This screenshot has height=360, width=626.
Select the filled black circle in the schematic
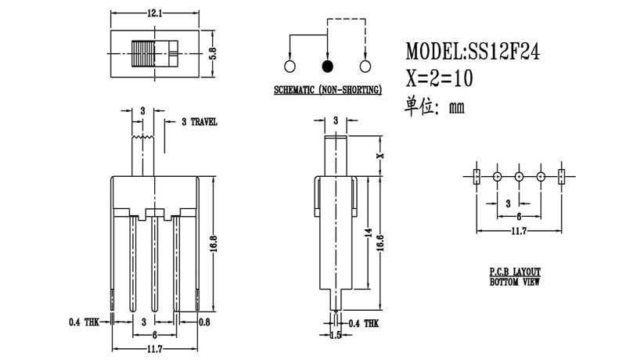tap(327, 66)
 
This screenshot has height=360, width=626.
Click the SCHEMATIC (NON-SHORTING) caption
tap(327, 90)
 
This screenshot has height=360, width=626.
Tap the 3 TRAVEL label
tap(199, 122)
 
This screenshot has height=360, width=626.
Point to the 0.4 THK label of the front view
tap(85, 321)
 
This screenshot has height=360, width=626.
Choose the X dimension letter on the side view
tap(381, 156)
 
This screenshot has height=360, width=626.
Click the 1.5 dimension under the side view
tap(336, 335)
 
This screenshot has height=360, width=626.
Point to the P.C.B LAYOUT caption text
tap(514, 270)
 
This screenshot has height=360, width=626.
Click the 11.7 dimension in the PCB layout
tap(517, 230)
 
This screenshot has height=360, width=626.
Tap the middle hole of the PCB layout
tap(519, 177)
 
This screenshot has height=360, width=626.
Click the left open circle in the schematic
tap(290, 66)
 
